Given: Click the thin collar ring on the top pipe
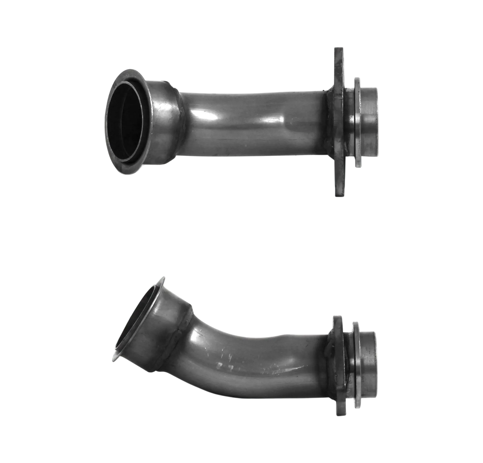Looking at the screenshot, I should coord(357,122).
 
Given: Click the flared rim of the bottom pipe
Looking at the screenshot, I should coord(115,355).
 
